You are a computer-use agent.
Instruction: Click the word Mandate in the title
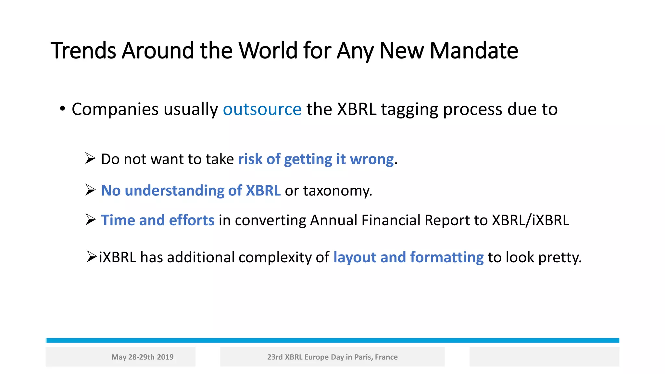[474, 51]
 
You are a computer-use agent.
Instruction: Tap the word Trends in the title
[83, 51]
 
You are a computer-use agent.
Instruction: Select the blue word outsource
[262, 109]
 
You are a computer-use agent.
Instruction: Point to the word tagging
[410, 110]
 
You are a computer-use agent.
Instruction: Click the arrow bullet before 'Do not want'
[90, 158]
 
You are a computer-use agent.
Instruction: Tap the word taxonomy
[337, 191]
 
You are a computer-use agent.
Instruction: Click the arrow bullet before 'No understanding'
[90, 190]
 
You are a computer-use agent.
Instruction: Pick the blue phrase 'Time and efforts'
[158, 220]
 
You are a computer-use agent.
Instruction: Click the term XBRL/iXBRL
[530, 220]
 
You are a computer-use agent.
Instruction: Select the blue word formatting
[447, 257]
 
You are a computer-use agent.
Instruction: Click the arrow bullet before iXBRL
[92, 256]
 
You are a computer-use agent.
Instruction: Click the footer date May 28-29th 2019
[142, 357]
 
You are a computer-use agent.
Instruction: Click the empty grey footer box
[544, 357]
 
